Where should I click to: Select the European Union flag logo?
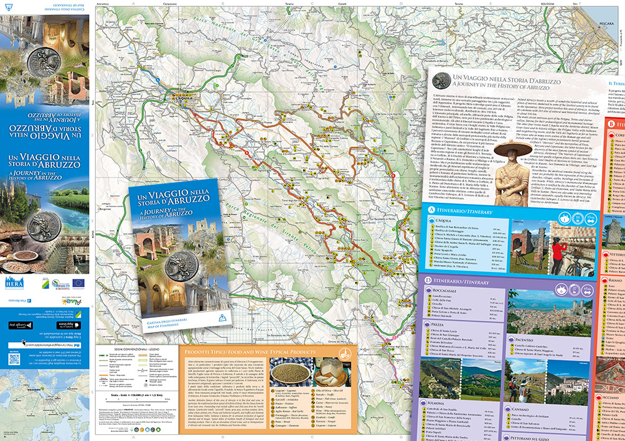click(x=79, y=282)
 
